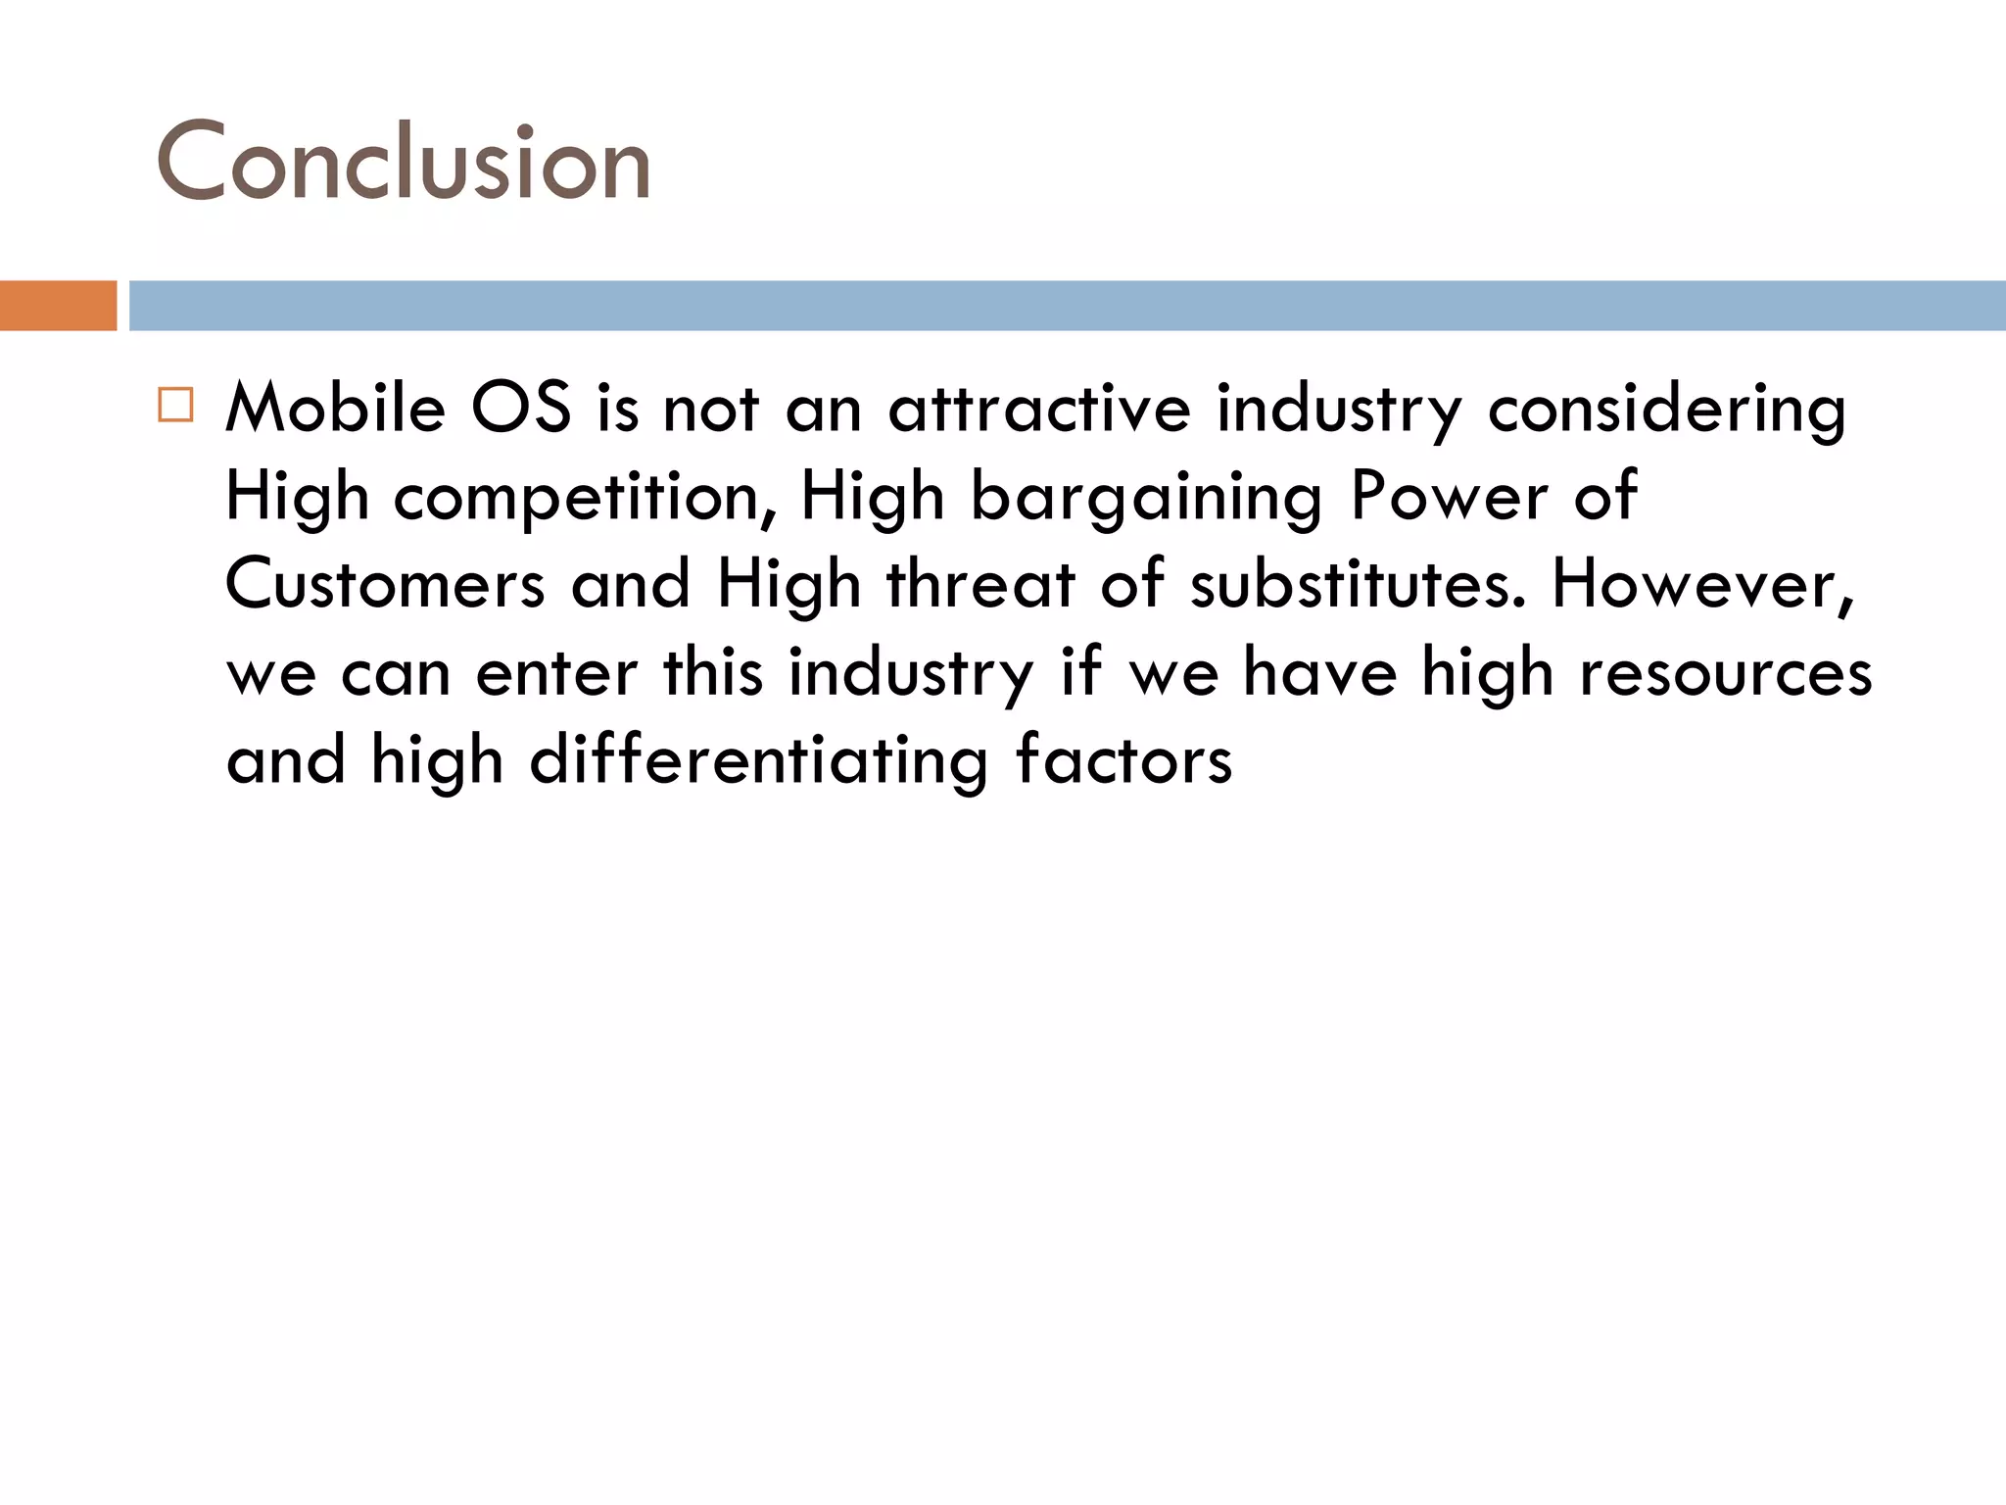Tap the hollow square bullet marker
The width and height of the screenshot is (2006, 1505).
175,405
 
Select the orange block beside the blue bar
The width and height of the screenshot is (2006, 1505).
58,306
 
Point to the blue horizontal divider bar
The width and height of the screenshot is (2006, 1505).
1067,306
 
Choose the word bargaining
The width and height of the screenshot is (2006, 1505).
1146,498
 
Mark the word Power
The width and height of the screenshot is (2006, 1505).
1450,496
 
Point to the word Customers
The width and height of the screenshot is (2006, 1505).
385,584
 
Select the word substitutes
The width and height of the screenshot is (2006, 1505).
1358,584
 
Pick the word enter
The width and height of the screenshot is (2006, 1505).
556,674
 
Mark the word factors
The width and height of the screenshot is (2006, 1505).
1123,760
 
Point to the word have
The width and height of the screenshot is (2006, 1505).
1319,672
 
